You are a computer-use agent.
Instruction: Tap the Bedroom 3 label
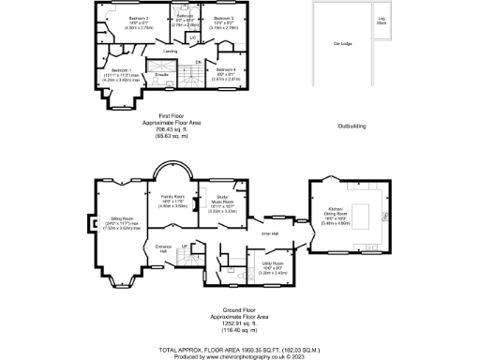[222, 19]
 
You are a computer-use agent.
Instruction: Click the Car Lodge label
[330, 42]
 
